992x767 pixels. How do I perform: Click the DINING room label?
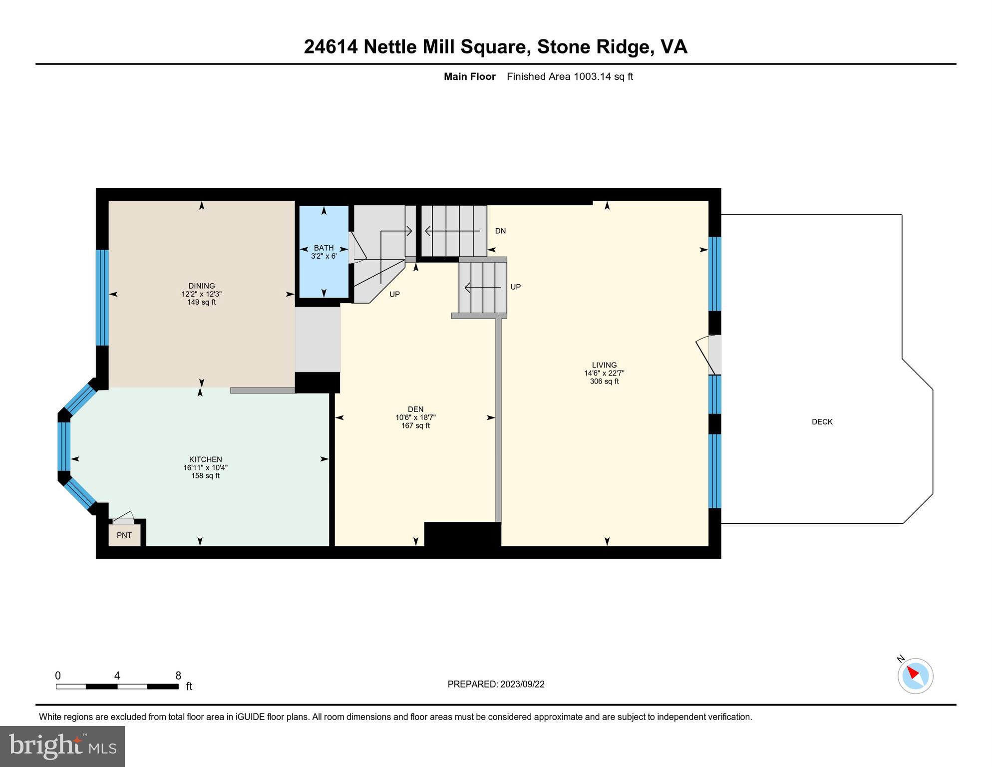201,286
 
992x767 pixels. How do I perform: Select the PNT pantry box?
124,535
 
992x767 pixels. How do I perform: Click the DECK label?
822,422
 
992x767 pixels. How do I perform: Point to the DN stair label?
500,231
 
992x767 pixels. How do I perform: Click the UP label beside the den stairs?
394,294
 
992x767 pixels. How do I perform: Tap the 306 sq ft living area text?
604,382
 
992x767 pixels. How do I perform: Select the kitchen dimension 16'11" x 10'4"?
205,468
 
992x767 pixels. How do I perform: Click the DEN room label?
415,409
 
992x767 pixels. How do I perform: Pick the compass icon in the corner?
915,676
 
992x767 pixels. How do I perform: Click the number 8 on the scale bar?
178,676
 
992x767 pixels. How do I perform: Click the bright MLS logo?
62,747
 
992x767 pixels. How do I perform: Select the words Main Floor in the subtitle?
469,76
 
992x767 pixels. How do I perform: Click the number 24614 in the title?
331,47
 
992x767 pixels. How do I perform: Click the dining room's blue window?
102,298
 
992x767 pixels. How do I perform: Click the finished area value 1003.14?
592,76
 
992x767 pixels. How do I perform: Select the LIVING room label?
604,365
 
